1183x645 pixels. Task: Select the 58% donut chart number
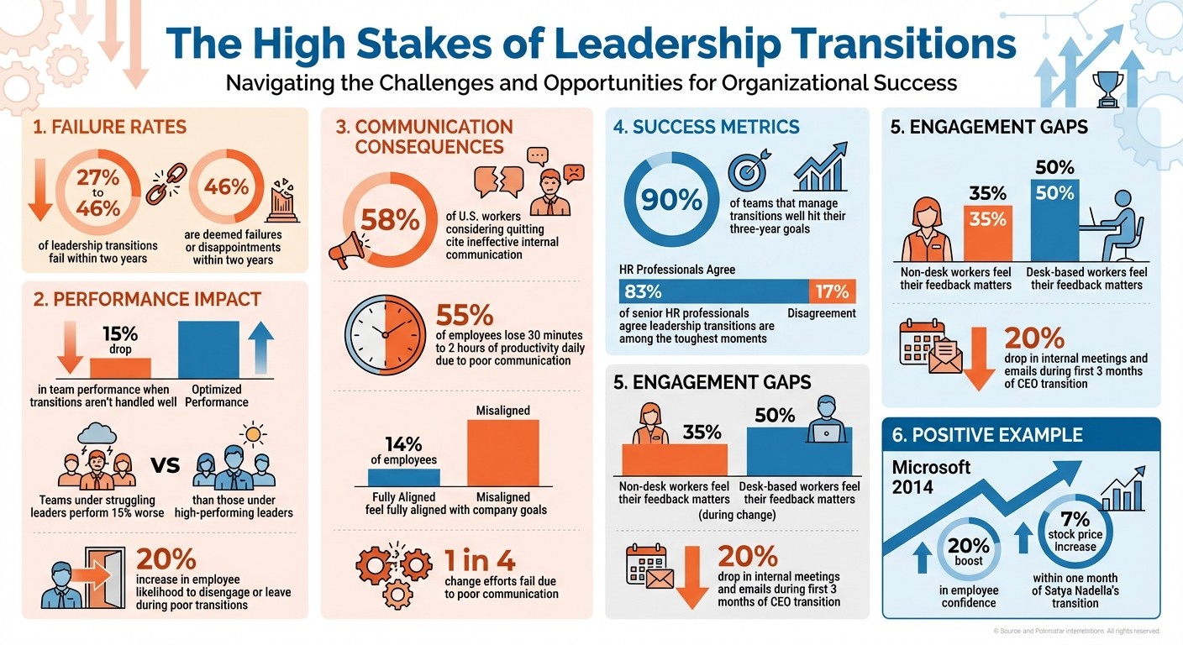(390, 221)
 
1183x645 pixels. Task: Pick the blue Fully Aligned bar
(403, 477)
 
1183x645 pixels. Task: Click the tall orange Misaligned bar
(502, 453)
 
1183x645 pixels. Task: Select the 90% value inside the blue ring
(671, 199)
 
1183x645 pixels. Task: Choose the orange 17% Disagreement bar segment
(832, 292)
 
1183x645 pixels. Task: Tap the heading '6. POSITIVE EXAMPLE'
(987, 435)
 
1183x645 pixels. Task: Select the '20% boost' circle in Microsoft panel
(969, 552)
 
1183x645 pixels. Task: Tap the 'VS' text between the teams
(164, 464)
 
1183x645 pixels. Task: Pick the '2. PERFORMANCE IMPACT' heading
(147, 299)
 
